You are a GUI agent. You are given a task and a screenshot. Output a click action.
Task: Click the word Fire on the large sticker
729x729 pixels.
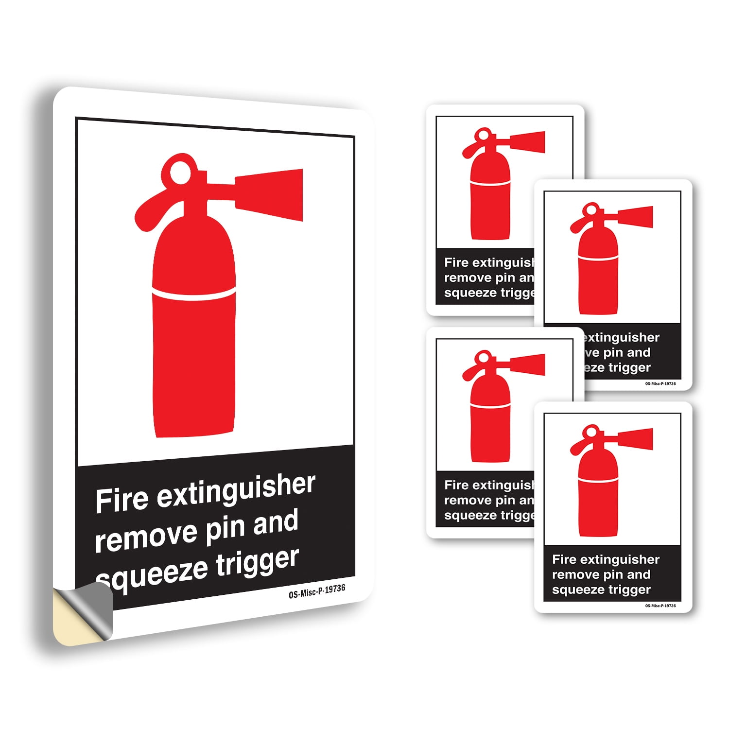tap(121, 500)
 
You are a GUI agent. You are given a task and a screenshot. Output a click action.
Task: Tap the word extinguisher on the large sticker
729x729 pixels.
tap(236, 490)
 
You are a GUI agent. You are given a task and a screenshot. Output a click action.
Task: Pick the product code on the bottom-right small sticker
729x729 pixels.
tap(660, 606)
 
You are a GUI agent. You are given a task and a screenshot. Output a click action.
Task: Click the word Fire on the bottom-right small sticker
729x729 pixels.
tap(564, 559)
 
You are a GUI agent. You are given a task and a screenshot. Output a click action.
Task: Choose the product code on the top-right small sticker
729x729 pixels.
tap(660, 383)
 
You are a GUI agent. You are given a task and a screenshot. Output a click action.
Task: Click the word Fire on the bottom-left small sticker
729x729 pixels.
tap(456, 485)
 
